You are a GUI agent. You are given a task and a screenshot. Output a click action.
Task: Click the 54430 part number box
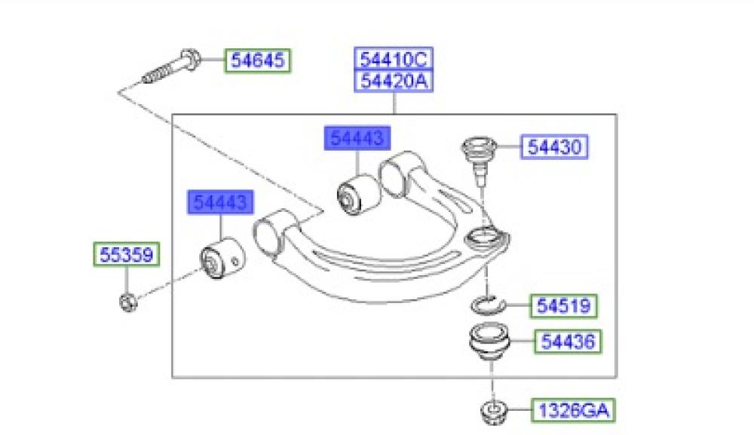[554, 147]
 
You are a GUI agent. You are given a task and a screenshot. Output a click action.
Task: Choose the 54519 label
[565, 305]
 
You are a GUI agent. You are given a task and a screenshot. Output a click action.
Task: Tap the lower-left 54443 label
[221, 202]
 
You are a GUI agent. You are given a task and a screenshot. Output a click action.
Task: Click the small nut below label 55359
[127, 302]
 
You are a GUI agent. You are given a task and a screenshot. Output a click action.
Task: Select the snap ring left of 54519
[485, 305]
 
